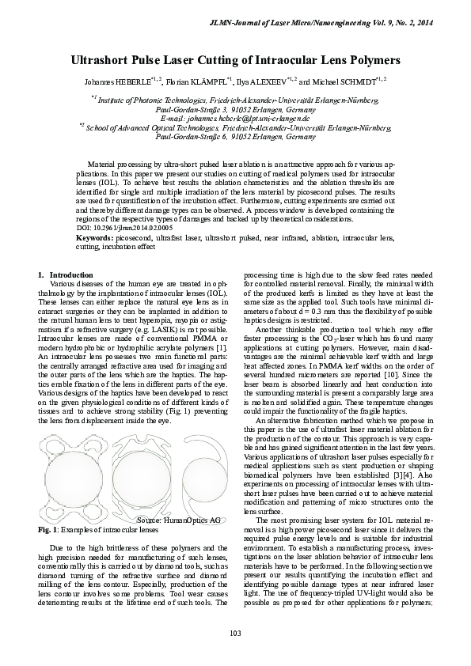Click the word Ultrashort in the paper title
[106, 60]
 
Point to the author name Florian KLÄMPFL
[196, 81]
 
